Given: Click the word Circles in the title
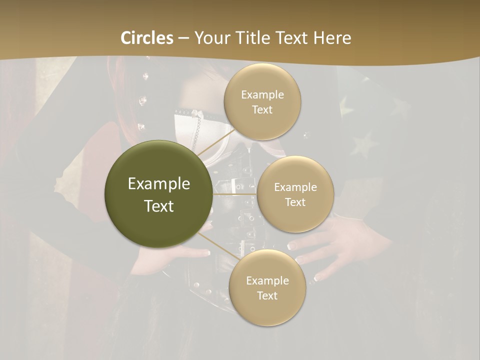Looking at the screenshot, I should click(x=147, y=38).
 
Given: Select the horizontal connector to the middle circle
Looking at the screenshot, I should click(x=234, y=194).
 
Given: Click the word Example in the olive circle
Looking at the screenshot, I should click(x=159, y=184).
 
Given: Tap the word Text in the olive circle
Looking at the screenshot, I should click(x=159, y=206).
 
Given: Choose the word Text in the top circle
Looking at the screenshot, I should click(x=262, y=110).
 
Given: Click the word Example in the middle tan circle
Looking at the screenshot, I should click(x=295, y=187).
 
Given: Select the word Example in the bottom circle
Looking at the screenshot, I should click(x=267, y=280).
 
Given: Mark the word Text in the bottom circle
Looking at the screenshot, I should click(x=267, y=295).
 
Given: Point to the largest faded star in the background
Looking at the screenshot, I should click(x=363, y=145).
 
